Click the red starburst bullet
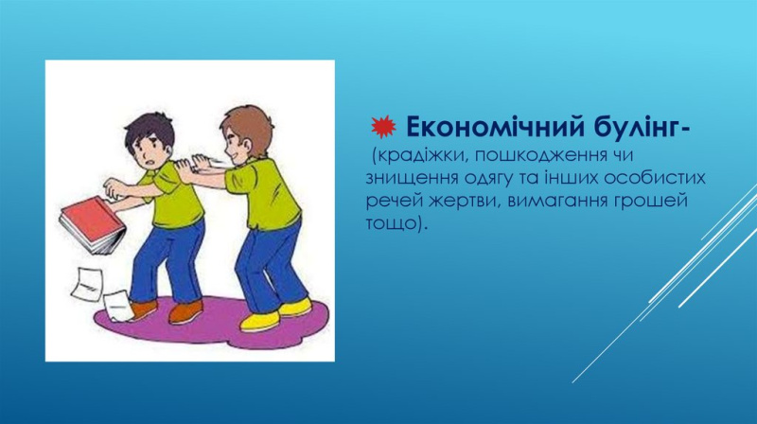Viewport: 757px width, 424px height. coord(384,127)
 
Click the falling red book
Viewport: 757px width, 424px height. coord(93,225)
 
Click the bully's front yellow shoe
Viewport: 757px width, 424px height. coord(259,322)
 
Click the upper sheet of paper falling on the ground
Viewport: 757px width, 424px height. coord(87,283)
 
